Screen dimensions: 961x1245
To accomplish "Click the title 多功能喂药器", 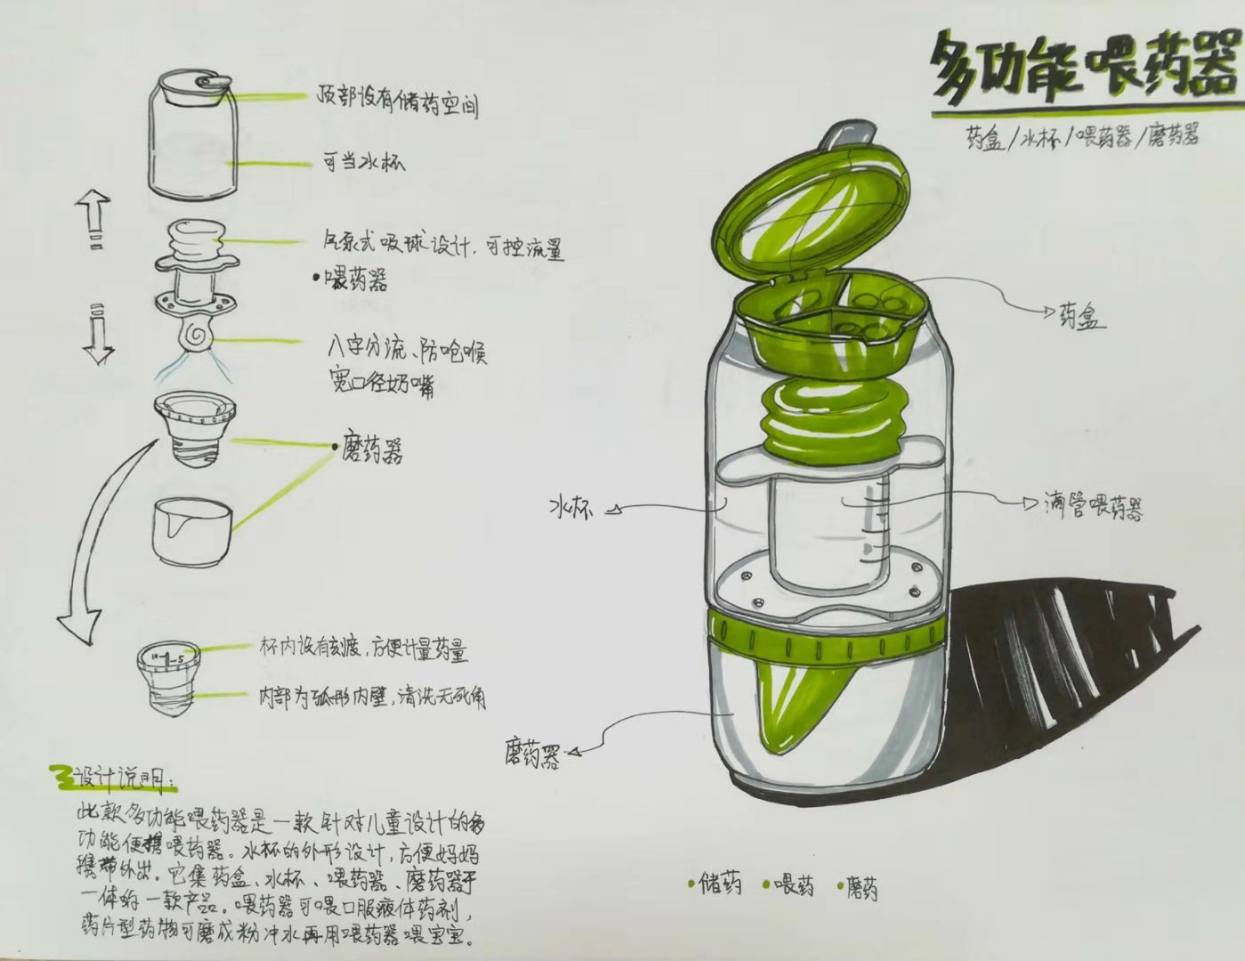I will coord(1083,71).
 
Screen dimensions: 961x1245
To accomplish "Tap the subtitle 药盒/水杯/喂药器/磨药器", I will coord(1082,137).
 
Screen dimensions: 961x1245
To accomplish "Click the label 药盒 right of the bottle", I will coord(1081,315).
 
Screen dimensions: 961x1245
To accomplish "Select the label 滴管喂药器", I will coord(1093,506).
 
